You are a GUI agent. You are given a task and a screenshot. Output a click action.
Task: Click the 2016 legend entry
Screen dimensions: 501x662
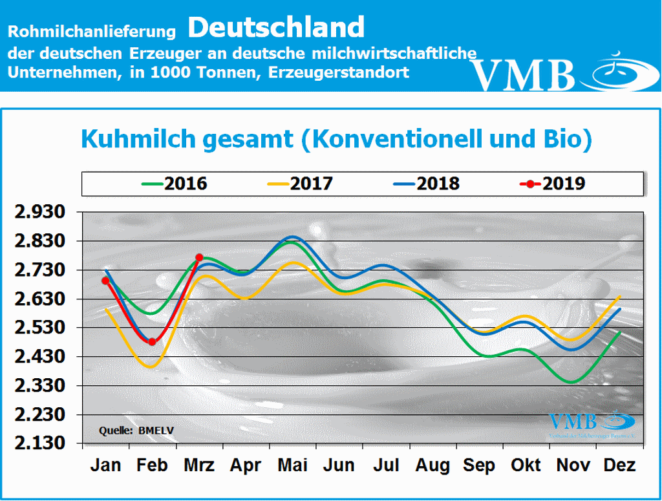[175, 184]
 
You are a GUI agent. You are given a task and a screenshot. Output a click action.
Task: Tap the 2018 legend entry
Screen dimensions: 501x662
[427, 184]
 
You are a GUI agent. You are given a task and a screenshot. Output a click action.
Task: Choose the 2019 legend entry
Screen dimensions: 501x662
[553, 184]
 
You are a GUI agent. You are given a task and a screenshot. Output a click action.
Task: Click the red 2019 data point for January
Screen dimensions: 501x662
[105, 281]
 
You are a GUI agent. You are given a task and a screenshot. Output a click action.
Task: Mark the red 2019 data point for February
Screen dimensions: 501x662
[152, 341]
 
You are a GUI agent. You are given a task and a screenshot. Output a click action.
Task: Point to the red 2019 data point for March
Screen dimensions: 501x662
[199, 257]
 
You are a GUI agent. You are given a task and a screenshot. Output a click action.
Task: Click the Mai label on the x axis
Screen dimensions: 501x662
[292, 465]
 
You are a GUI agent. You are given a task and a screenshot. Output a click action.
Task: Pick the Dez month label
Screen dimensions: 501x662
[619, 465]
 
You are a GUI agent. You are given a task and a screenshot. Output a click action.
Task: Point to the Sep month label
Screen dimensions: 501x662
[479, 465]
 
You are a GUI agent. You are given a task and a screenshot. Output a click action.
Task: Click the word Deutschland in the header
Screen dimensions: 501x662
[277, 27]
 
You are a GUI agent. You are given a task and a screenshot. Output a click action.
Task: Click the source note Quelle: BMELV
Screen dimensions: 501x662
[136, 429]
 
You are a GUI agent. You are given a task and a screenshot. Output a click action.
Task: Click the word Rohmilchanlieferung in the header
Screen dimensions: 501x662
[92, 30]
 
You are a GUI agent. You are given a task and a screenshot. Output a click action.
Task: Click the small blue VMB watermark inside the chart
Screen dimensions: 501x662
[573, 421]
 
